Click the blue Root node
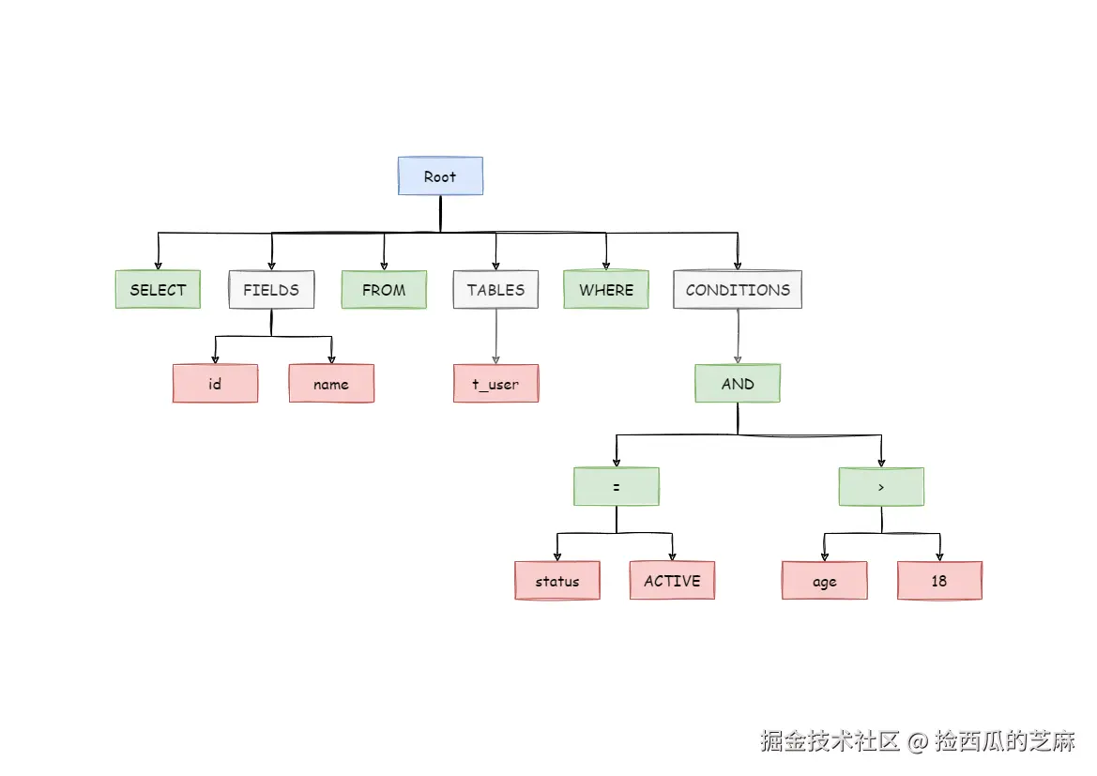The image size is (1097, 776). click(x=440, y=176)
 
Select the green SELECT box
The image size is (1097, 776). click(x=158, y=290)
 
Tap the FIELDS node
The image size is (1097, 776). click(x=271, y=290)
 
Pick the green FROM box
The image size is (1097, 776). click(x=384, y=290)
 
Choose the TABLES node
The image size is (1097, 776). click(x=495, y=290)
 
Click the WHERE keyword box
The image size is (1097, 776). click(x=606, y=290)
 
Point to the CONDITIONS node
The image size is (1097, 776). click(x=738, y=290)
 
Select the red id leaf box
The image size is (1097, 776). click(x=215, y=384)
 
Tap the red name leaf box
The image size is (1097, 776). click(x=331, y=384)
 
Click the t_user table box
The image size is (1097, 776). click(x=495, y=384)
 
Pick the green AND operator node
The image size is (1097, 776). click(x=738, y=384)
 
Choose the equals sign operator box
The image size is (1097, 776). click(x=617, y=487)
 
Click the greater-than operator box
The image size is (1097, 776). click(x=881, y=487)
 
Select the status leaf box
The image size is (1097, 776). click(x=557, y=581)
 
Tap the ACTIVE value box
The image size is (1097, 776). click(x=672, y=581)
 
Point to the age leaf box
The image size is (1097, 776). click(x=825, y=581)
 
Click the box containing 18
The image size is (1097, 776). click(x=939, y=581)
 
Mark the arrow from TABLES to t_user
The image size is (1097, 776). click(x=495, y=337)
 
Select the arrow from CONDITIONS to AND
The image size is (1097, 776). click(x=738, y=337)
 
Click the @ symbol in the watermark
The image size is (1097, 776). click(x=918, y=741)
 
